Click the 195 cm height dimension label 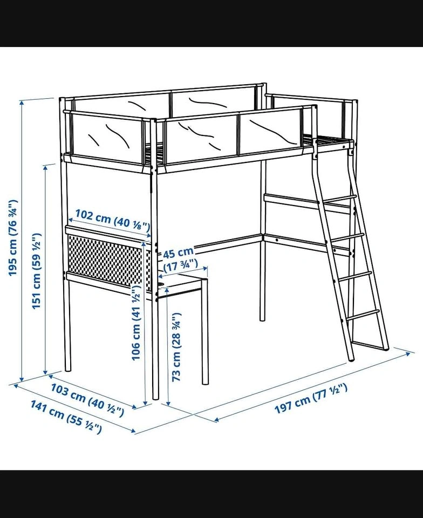click(12, 237)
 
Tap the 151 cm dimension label click(36, 271)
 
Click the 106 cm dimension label click(136, 323)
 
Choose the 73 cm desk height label click(176, 347)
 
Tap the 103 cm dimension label click(87, 400)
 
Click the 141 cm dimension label click(66, 417)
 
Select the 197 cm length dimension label click(311, 398)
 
